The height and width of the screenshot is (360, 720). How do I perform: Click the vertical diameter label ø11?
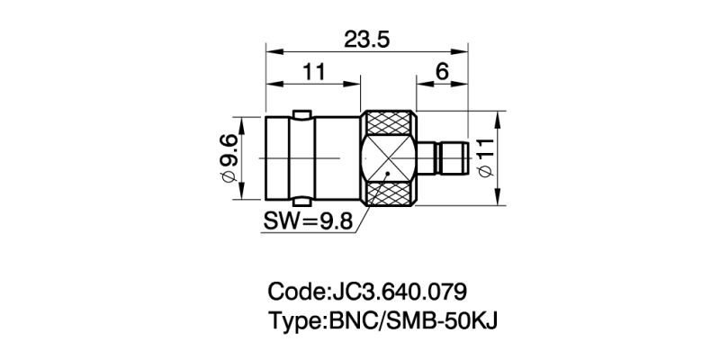pyautogui.click(x=487, y=158)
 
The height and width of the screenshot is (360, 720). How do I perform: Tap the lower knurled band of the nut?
pyautogui.click(x=389, y=194)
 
